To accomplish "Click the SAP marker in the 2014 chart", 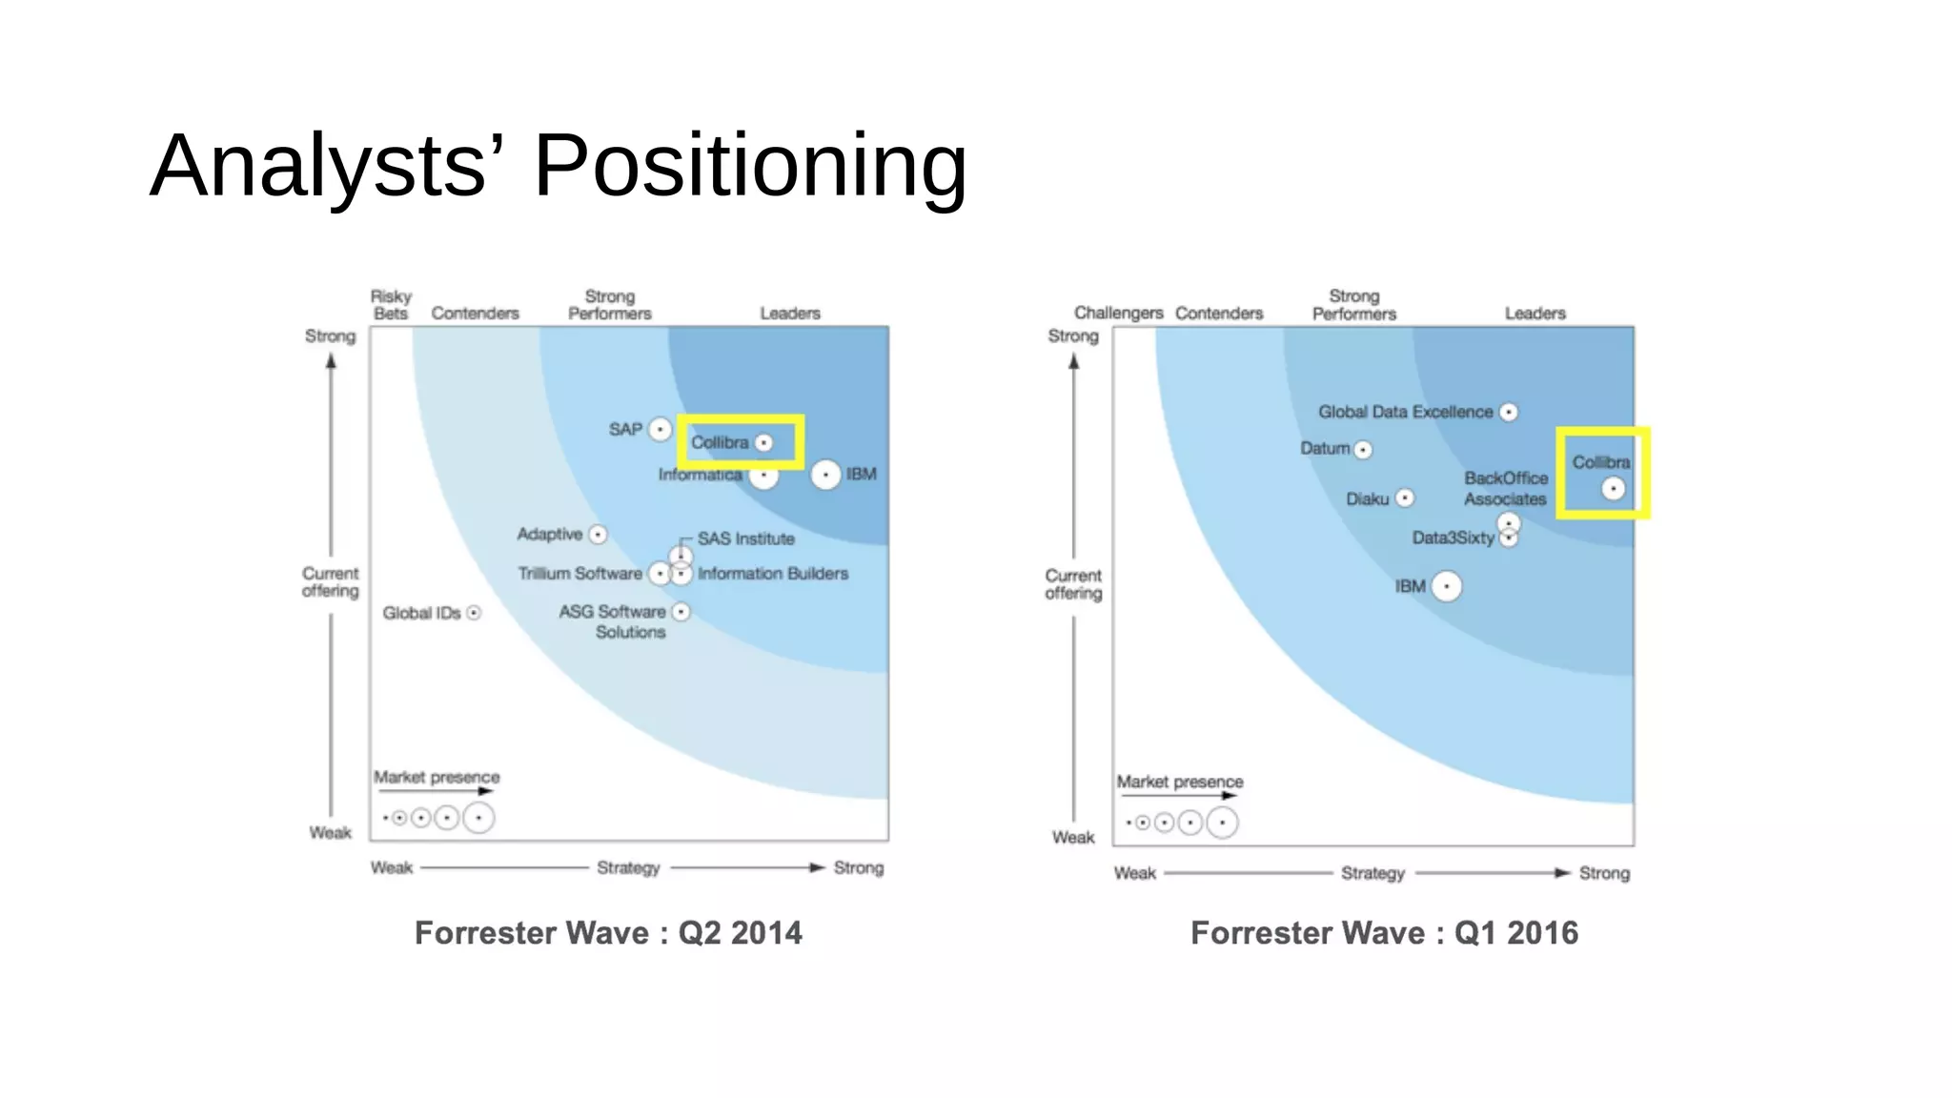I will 660,430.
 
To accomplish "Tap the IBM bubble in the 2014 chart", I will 825,475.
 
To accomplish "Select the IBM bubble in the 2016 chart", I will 1447,586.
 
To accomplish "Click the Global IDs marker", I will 474,613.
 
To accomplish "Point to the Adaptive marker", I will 598,535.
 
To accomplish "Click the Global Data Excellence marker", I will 1508,412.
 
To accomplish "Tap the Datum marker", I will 1363,449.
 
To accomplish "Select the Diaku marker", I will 1404,498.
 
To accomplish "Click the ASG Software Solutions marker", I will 681,612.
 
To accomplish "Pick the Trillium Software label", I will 579,574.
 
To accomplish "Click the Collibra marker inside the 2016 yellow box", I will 1613,489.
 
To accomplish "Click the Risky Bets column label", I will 391,305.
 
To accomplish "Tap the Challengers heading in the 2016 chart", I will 1118,313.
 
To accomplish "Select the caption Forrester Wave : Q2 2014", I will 608,932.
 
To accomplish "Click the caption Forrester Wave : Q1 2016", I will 1384,932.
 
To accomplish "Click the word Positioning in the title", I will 750,165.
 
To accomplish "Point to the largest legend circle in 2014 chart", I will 478,818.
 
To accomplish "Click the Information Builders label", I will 772,574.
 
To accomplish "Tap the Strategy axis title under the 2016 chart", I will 1372,873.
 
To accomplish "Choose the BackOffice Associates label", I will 1506,488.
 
